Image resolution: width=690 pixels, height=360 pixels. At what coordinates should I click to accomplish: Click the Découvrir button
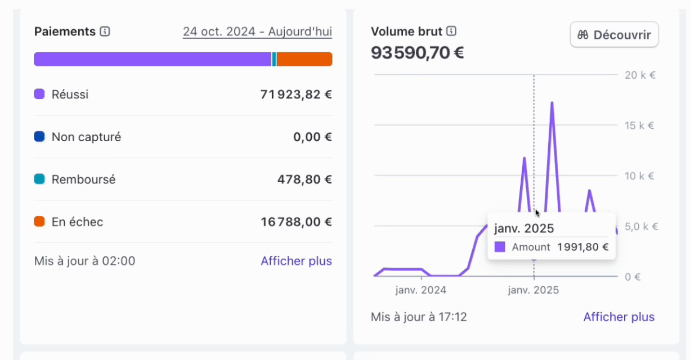coord(614,35)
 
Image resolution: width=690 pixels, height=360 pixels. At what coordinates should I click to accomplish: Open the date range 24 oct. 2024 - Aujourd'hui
coord(257,31)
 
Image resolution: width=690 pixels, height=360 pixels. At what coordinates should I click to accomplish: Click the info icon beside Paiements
coord(105,31)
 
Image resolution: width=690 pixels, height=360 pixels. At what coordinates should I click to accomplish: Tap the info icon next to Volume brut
coord(451,31)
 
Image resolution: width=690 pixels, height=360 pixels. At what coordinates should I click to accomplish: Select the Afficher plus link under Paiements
coord(296,261)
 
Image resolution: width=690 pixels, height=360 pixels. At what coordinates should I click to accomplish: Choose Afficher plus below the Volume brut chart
coord(619,317)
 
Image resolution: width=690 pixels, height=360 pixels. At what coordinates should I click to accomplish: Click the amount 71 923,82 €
coord(296,94)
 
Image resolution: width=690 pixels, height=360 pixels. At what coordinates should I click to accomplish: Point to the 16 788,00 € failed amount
coord(296,222)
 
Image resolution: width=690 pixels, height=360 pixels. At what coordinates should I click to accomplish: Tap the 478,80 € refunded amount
coord(304,179)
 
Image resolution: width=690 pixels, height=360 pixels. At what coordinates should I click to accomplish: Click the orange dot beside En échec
coord(39,222)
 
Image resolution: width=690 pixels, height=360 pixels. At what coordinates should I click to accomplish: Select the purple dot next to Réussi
coord(39,94)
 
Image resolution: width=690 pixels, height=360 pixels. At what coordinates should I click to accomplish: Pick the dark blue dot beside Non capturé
coord(39,137)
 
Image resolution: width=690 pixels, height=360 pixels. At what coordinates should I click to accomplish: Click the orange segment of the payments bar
coord(304,59)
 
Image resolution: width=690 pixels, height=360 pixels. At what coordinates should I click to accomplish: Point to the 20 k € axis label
coord(640,75)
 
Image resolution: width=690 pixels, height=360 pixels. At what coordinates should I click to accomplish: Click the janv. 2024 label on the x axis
coord(421,290)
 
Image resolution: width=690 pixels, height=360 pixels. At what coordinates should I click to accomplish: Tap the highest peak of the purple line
coord(552,103)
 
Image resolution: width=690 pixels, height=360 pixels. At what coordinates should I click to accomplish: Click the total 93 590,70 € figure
coord(417,53)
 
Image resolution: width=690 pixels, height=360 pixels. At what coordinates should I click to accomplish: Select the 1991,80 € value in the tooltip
coord(583,247)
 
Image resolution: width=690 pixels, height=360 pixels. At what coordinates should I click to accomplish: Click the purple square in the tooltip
coord(500,247)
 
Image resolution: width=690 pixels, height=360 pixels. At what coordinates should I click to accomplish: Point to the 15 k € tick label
coord(640,125)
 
